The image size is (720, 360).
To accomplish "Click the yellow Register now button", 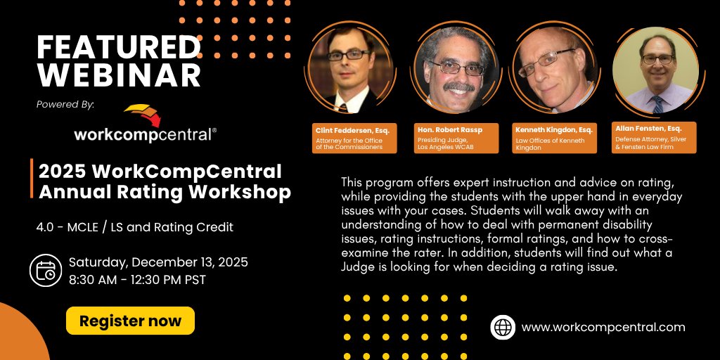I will click(x=130, y=321).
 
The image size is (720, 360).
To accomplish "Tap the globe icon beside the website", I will click(x=503, y=327).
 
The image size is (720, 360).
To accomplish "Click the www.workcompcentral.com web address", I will click(x=603, y=327).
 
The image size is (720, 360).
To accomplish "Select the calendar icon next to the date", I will click(x=46, y=271).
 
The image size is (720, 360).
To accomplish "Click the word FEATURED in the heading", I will click(x=118, y=47).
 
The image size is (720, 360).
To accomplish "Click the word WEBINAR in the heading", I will click(x=118, y=74).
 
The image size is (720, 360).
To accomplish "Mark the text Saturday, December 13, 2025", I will click(x=158, y=263).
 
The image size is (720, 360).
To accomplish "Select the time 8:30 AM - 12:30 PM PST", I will click(x=137, y=279).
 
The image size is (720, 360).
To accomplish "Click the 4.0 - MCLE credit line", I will click(x=135, y=227).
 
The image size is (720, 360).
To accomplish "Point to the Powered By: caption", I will click(x=65, y=104).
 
